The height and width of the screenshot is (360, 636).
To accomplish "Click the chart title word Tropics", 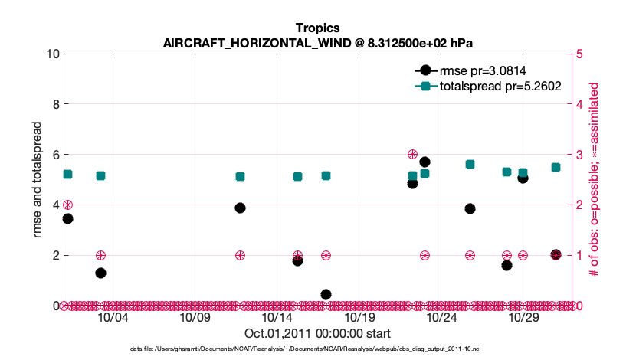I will click(318, 28).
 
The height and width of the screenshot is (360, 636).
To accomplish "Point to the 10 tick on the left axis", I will click(53, 54).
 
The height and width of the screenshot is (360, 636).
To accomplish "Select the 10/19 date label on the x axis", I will click(359, 318).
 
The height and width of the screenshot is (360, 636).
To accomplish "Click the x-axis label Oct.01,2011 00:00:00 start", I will click(317, 334).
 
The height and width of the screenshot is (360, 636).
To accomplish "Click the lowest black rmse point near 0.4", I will click(326, 294).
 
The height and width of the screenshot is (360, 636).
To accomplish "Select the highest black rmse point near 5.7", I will click(425, 162).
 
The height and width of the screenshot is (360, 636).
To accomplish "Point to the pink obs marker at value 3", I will click(412, 155).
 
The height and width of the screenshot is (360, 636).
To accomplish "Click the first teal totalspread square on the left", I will click(67, 174).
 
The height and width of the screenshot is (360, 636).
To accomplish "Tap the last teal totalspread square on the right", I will click(556, 167).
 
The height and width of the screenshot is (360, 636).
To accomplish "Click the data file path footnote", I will click(317, 349).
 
